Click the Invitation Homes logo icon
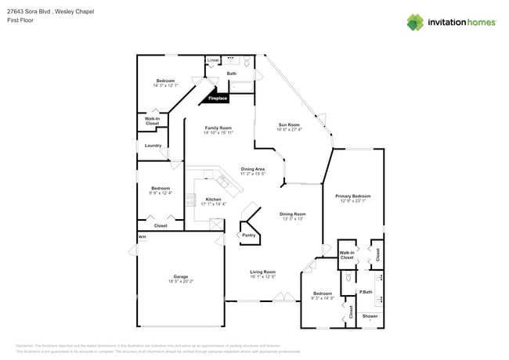(414, 22)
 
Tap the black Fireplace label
(218, 99)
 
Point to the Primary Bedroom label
(352, 196)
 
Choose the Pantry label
(248, 235)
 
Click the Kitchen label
(213, 200)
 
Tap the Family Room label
(218, 128)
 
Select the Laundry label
(153, 146)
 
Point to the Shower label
(370, 316)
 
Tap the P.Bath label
(365, 292)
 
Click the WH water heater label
(143, 236)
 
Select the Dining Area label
(252, 169)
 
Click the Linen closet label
(212, 60)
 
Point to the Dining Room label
(294, 214)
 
